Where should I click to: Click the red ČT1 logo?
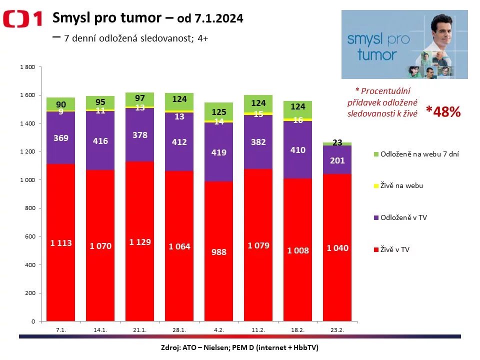[x=22, y=19]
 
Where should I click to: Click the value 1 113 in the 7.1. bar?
[x=61, y=243]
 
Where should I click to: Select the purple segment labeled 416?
[x=100, y=141]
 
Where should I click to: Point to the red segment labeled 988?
[x=218, y=252]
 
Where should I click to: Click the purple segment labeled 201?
[x=337, y=160]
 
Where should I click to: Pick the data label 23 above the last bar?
[x=337, y=142]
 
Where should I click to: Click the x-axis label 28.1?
[x=179, y=330]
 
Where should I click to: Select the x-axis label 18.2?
[x=298, y=330]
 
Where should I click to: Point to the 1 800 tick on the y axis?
[x=27, y=67]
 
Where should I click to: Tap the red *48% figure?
[x=443, y=111]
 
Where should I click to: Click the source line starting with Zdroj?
[x=239, y=347]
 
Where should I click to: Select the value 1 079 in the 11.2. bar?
[x=258, y=245]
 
